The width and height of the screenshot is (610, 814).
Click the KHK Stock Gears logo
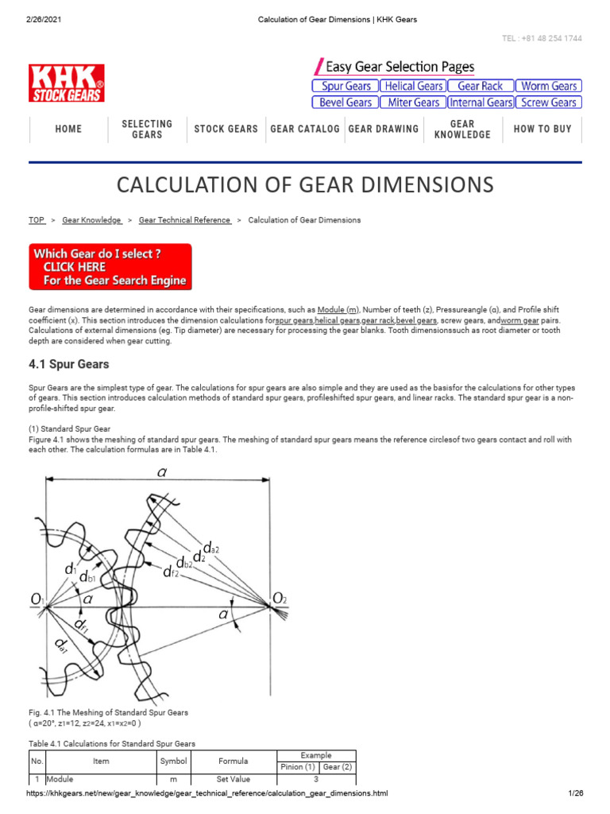point(67,83)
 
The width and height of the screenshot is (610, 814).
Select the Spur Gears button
point(344,86)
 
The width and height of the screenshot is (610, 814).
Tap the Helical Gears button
point(412,86)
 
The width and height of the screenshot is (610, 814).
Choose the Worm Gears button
point(548,86)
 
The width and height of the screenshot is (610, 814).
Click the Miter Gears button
point(412,103)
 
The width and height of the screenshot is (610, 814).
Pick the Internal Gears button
point(480,103)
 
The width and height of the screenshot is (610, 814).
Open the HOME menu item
point(68,130)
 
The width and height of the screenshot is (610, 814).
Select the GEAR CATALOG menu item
point(305,130)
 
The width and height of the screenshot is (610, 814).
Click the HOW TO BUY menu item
point(542,130)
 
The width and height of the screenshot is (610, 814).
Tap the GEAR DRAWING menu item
point(384,130)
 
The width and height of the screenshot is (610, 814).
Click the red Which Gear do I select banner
point(110,267)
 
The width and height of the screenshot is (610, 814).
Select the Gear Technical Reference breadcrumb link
point(184,220)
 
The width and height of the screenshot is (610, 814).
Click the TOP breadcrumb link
point(37,220)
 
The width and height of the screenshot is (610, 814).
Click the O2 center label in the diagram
point(279,598)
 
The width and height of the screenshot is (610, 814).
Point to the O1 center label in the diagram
point(38,598)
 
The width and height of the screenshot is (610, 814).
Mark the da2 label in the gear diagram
point(211,548)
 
